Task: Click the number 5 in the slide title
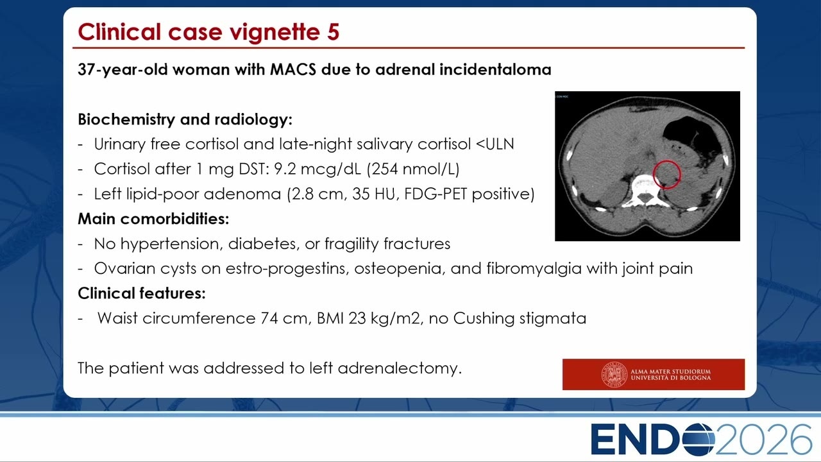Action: pyautogui.click(x=333, y=32)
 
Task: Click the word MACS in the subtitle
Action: pyautogui.click(x=293, y=69)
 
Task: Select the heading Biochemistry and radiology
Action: pyautogui.click(x=185, y=119)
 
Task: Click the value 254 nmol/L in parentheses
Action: pyautogui.click(x=412, y=169)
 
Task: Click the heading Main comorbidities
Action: pyautogui.click(x=153, y=219)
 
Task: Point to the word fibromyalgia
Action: pyautogui.click(x=534, y=269)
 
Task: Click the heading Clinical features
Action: pyautogui.click(x=142, y=293)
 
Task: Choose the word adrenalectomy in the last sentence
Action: pyautogui.click(x=400, y=368)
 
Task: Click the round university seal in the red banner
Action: pyautogui.click(x=614, y=374)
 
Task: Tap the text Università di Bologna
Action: pyautogui.click(x=670, y=378)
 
